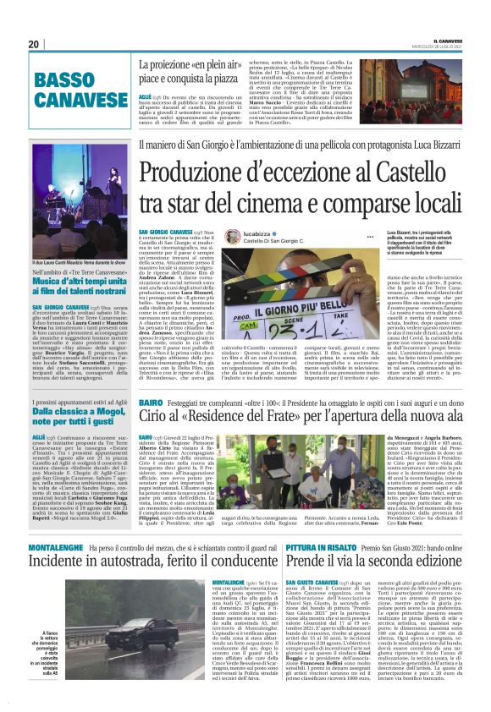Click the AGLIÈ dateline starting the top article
coord(146,98)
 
